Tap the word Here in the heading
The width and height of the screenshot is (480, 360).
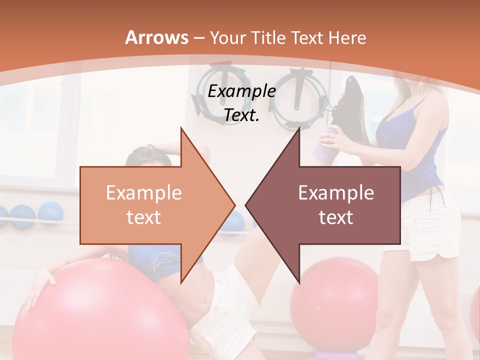click(347, 37)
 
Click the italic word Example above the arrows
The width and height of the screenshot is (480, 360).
click(242, 91)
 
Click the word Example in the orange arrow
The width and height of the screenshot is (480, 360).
click(144, 192)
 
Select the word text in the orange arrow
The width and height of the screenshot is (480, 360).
click(144, 217)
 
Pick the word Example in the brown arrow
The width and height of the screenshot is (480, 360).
click(336, 192)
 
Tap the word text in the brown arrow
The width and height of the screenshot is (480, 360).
click(336, 217)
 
